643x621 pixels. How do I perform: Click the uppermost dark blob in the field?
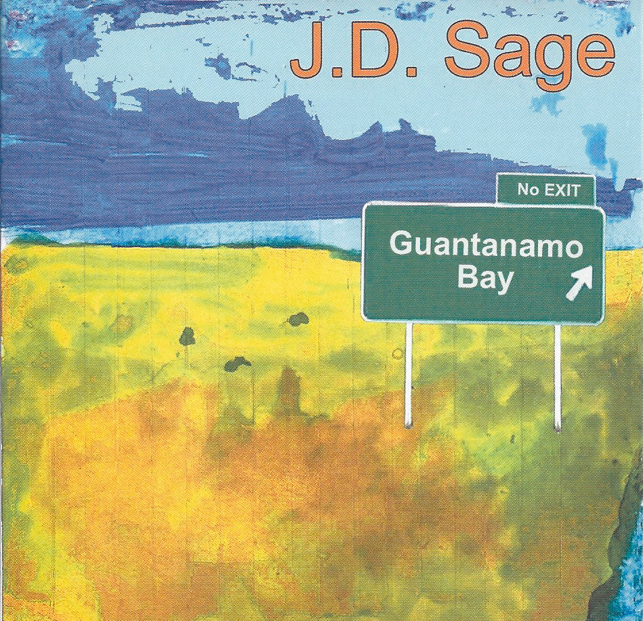[x=297, y=319]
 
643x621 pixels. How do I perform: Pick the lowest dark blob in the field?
[x=237, y=364]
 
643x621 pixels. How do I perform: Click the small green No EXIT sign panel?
[x=546, y=190]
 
